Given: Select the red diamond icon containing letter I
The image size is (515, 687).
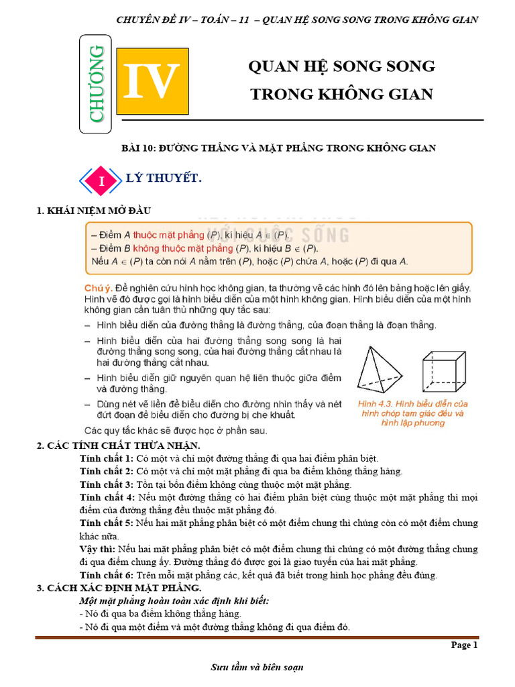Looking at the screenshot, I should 102,180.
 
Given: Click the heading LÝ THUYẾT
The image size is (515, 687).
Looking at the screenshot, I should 164,178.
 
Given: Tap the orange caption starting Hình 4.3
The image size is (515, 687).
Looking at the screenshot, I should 412,413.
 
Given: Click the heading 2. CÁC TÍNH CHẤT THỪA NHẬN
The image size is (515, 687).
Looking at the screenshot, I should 118,445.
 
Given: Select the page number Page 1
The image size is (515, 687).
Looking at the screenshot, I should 464,645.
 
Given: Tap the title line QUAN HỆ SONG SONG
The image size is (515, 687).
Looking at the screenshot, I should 341,66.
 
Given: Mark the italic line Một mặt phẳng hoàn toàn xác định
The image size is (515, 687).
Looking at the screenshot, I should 174,600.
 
